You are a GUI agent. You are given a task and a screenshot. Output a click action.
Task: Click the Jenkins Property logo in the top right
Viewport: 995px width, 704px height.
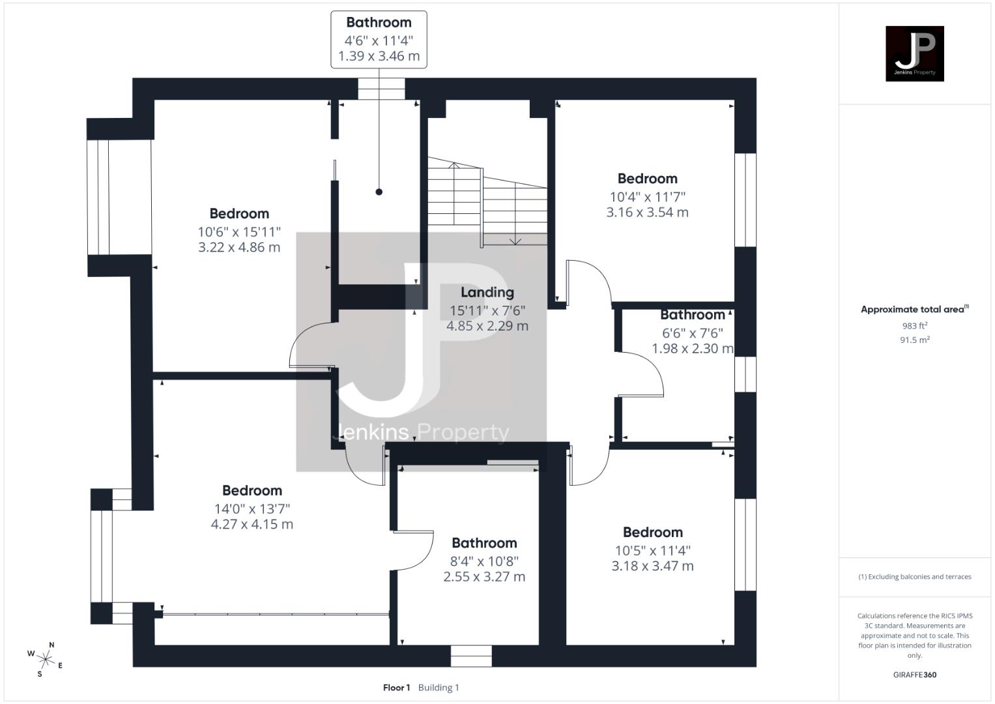pyautogui.click(x=914, y=53)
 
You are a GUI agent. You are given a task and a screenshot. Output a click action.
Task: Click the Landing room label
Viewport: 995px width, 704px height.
pyautogui.click(x=487, y=292)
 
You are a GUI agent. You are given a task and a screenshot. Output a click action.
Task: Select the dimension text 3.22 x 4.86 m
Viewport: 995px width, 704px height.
pyautogui.click(x=239, y=247)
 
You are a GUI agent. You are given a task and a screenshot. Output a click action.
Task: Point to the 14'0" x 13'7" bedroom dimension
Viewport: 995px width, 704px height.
pyautogui.click(x=251, y=508)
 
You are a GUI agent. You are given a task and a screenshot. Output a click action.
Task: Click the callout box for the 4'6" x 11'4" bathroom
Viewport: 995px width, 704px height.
pyautogui.click(x=379, y=39)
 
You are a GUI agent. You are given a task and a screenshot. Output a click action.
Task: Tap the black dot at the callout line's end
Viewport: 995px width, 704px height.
pyautogui.click(x=379, y=192)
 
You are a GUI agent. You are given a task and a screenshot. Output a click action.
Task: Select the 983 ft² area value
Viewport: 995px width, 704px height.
pyautogui.click(x=914, y=325)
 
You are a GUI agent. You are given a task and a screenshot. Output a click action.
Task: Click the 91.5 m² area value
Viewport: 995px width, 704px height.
pyautogui.click(x=914, y=340)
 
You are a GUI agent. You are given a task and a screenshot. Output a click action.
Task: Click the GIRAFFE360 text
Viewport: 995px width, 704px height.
pyautogui.click(x=914, y=675)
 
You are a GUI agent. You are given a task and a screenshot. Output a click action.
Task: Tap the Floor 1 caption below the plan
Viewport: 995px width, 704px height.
pyautogui.click(x=396, y=687)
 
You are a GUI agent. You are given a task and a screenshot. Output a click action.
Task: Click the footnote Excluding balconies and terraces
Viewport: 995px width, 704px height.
pyautogui.click(x=914, y=577)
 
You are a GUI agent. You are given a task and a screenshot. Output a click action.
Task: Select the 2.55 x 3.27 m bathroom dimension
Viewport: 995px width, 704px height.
pyautogui.click(x=484, y=577)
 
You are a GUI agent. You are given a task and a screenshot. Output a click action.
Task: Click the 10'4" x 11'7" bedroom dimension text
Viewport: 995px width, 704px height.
pyautogui.click(x=647, y=196)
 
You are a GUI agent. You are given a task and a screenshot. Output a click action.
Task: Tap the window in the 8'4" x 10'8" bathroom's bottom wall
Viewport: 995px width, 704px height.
pyautogui.click(x=471, y=655)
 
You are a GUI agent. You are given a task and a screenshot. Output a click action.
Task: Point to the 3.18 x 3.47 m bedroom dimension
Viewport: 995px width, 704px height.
pyautogui.click(x=652, y=566)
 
